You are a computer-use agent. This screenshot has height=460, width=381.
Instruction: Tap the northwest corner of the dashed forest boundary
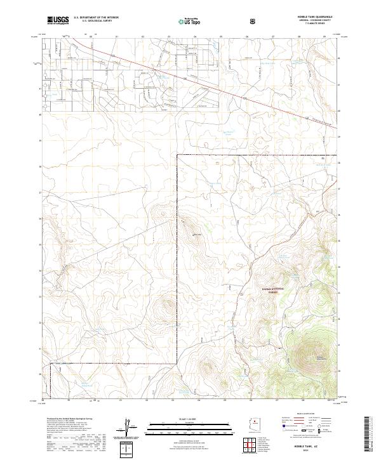177,155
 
